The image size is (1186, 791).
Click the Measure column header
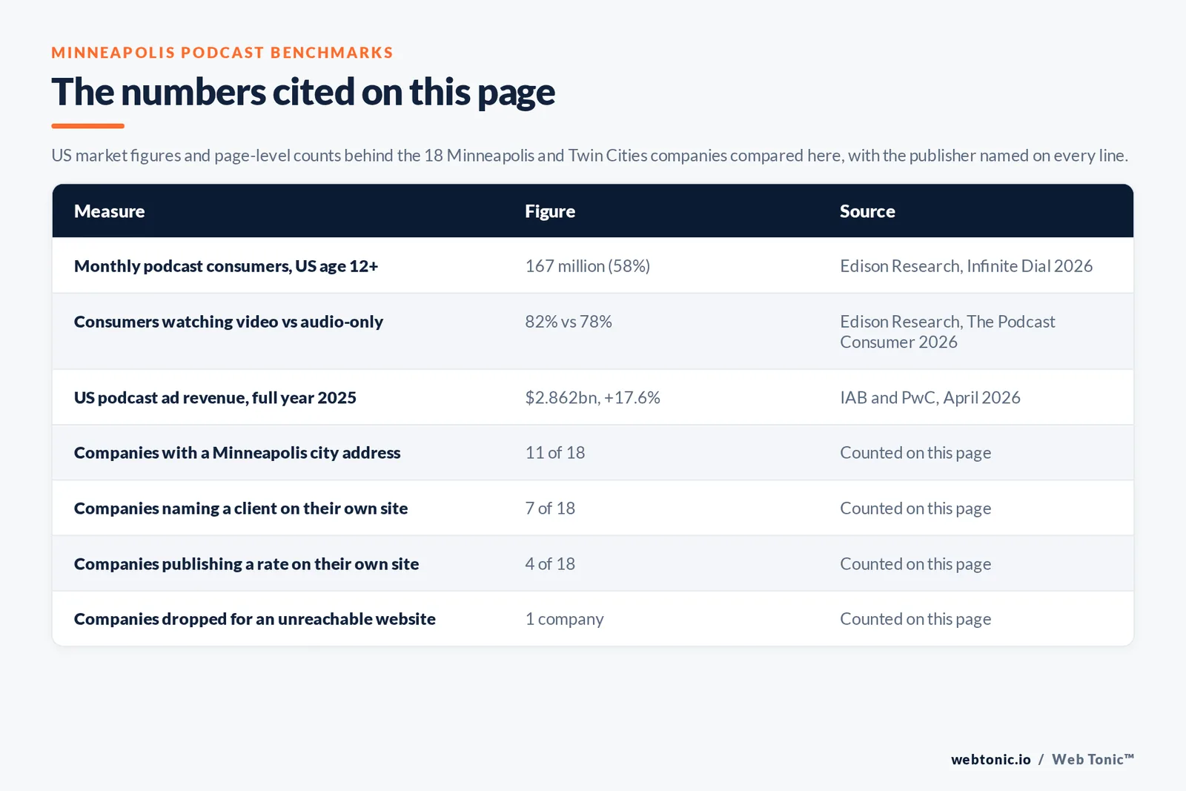click(x=109, y=211)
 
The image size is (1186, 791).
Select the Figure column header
click(x=549, y=211)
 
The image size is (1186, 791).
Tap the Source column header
click(x=867, y=211)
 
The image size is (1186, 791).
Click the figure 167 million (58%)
click(x=587, y=266)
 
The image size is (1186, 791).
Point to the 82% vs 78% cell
click(x=568, y=322)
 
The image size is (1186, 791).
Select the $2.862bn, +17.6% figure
click(x=592, y=397)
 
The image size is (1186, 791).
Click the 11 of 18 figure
click(x=555, y=453)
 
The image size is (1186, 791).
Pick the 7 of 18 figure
click(x=549, y=509)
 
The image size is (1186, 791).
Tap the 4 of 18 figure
click(x=549, y=564)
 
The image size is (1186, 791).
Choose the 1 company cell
click(x=564, y=619)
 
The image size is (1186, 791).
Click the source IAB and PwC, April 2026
click(x=930, y=397)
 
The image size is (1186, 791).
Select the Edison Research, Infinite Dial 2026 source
click(x=967, y=266)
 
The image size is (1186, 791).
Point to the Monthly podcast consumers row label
click(x=226, y=266)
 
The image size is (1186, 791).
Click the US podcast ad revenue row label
click(x=215, y=397)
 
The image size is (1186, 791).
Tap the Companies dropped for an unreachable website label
click(x=255, y=619)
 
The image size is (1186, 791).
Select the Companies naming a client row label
click(x=241, y=509)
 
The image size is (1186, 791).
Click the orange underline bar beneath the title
click(x=88, y=126)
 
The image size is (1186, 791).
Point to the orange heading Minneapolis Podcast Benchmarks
click(x=222, y=53)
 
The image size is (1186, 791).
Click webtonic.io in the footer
click(x=990, y=759)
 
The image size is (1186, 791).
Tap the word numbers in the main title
click(x=193, y=92)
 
